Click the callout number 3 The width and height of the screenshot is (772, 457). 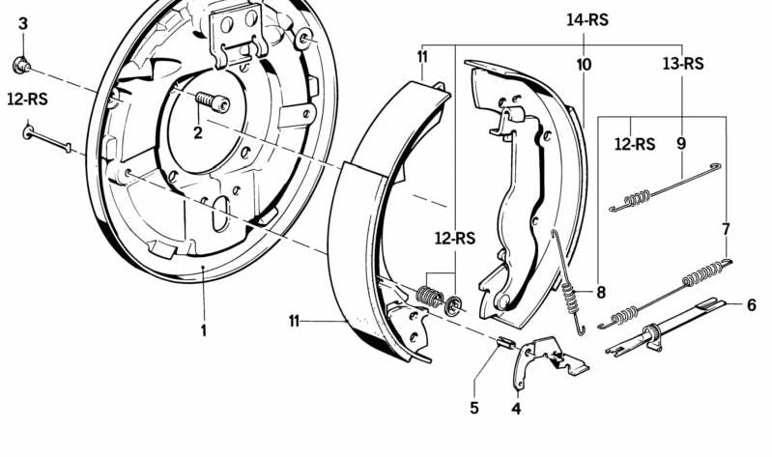tap(23, 23)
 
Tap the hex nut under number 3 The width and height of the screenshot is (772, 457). tap(21, 65)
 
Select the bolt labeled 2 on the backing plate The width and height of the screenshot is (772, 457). tap(213, 101)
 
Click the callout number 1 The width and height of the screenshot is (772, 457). tap(203, 330)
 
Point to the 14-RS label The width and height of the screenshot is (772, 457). tap(587, 20)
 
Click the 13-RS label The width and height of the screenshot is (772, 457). tap(683, 64)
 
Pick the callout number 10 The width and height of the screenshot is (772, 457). tap(584, 65)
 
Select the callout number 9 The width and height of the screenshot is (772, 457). tap(681, 144)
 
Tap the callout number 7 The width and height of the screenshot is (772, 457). tap(727, 230)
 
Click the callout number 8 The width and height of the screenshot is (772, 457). tap(601, 293)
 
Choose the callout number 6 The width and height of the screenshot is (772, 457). tap(751, 305)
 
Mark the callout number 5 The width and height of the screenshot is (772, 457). tap(474, 409)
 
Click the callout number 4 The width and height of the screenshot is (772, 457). tap(516, 409)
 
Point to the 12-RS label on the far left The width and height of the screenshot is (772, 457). tap(28, 100)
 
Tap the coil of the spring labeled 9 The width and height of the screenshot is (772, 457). tap(637, 198)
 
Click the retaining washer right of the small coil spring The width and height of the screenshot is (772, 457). tap(453, 306)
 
